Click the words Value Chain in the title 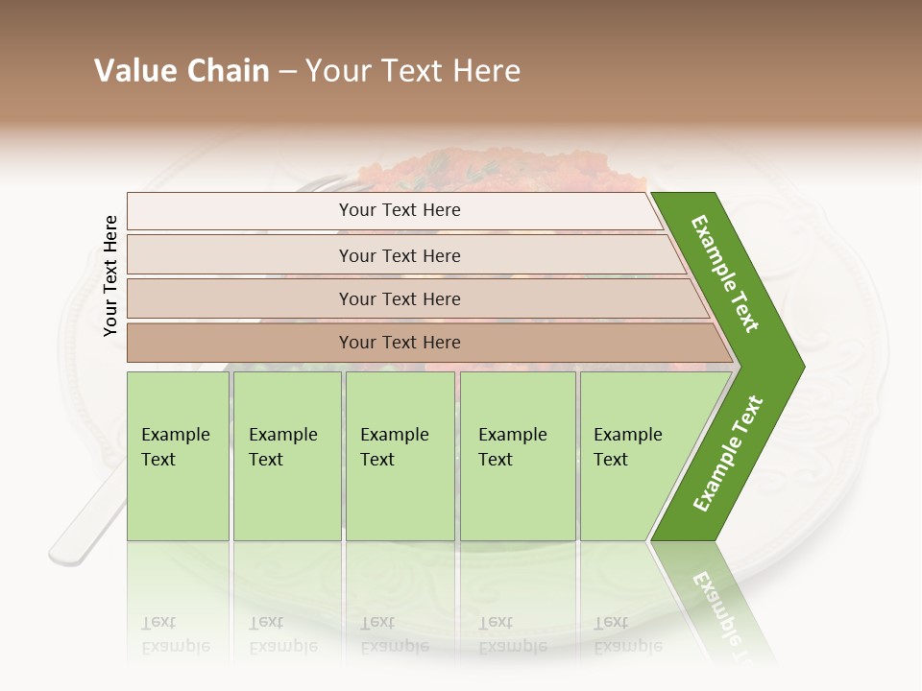coord(182,71)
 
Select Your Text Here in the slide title coord(413,71)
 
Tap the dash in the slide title coord(287,72)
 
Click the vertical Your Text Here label coord(110,275)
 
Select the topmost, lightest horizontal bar coord(399,210)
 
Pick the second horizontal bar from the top coord(399,255)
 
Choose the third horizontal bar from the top coord(399,298)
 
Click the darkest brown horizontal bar coord(399,343)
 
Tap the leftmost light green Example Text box coord(178,456)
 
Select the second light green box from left coord(286,456)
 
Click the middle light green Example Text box coord(400,456)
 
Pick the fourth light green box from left coord(517,456)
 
